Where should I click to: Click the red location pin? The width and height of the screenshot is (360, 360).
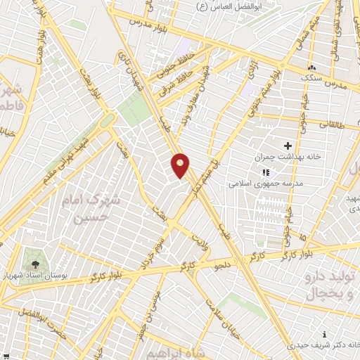tap(181, 165)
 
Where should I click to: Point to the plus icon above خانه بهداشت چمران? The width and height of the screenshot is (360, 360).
tap(288, 144)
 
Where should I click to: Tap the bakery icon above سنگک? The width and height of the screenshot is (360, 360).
tap(310, 68)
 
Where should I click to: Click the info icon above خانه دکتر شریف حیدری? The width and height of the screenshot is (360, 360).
tap(323, 334)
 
